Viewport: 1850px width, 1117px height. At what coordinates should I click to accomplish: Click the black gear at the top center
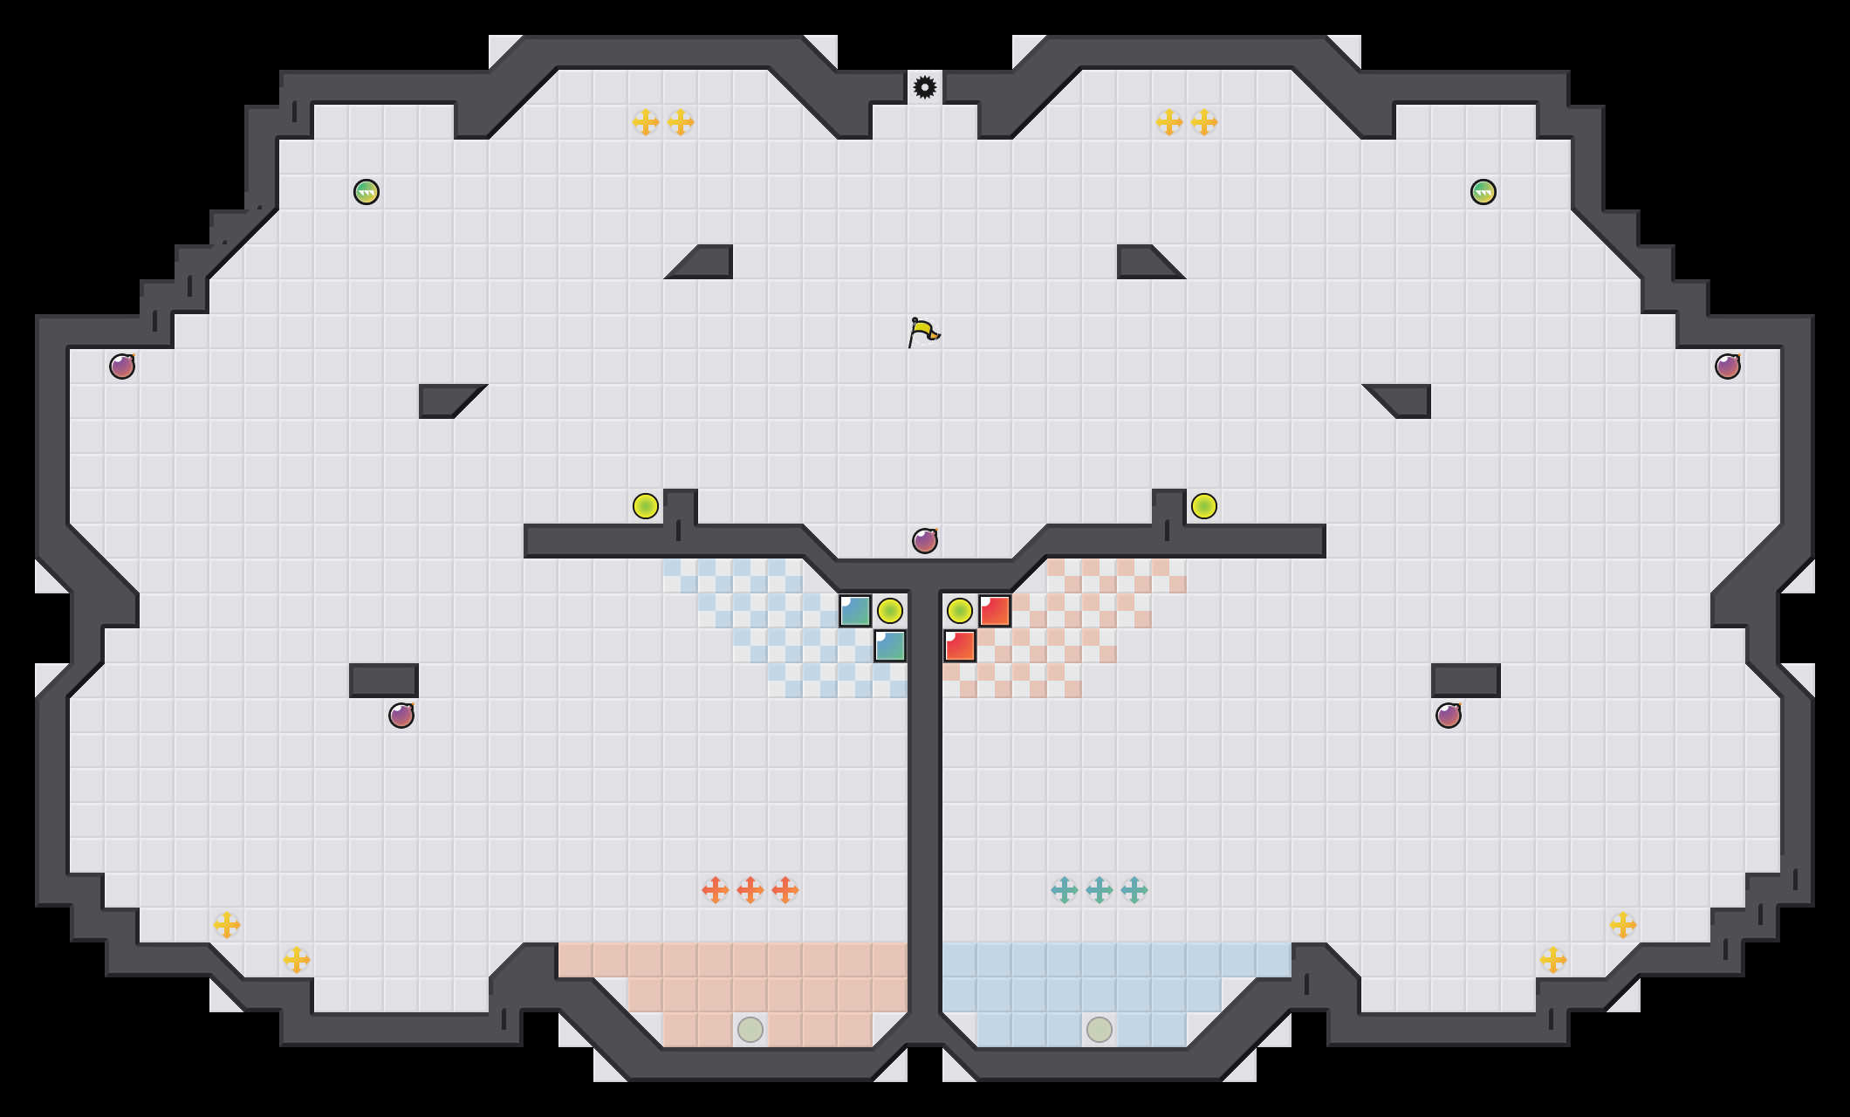click(x=925, y=87)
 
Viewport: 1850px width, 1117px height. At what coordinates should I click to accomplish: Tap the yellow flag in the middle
click(x=923, y=332)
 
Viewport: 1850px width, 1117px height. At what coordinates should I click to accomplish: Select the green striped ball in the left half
click(x=367, y=192)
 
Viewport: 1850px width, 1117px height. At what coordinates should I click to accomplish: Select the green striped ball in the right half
click(x=1483, y=192)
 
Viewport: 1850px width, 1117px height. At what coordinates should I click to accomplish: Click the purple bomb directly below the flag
click(x=925, y=541)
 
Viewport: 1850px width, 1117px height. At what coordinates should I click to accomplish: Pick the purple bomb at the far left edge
click(x=122, y=367)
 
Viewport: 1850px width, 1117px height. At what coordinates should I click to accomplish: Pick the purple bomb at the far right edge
click(x=1728, y=367)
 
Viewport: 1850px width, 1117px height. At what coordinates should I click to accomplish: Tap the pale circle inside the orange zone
click(x=750, y=1030)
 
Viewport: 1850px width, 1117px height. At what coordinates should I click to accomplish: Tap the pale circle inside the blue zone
click(x=1100, y=1030)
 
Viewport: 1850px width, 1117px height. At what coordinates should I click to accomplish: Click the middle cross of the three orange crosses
click(x=750, y=890)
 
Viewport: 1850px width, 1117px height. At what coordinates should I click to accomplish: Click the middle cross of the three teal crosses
click(x=1100, y=890)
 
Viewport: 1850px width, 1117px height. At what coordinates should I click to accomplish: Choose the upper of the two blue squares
click(x=855, y=611)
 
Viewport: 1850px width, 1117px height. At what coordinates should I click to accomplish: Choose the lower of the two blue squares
click(x=890, y=646)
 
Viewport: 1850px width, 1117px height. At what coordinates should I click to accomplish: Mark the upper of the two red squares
click(x=995, y=611)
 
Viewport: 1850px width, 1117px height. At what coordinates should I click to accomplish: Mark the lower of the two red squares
click(x=960, y=646)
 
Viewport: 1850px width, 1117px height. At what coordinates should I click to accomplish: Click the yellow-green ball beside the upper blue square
click(x=890, y=611)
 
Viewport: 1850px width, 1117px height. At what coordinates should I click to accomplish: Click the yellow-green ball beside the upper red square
click(x=960, y=611)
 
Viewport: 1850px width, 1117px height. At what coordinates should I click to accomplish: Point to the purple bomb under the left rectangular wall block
click(x=401, y=716)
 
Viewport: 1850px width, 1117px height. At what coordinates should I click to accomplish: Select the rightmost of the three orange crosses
click(x=785, y=890)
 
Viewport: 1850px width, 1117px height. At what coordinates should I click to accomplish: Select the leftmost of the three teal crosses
click(x=1065, y=890)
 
